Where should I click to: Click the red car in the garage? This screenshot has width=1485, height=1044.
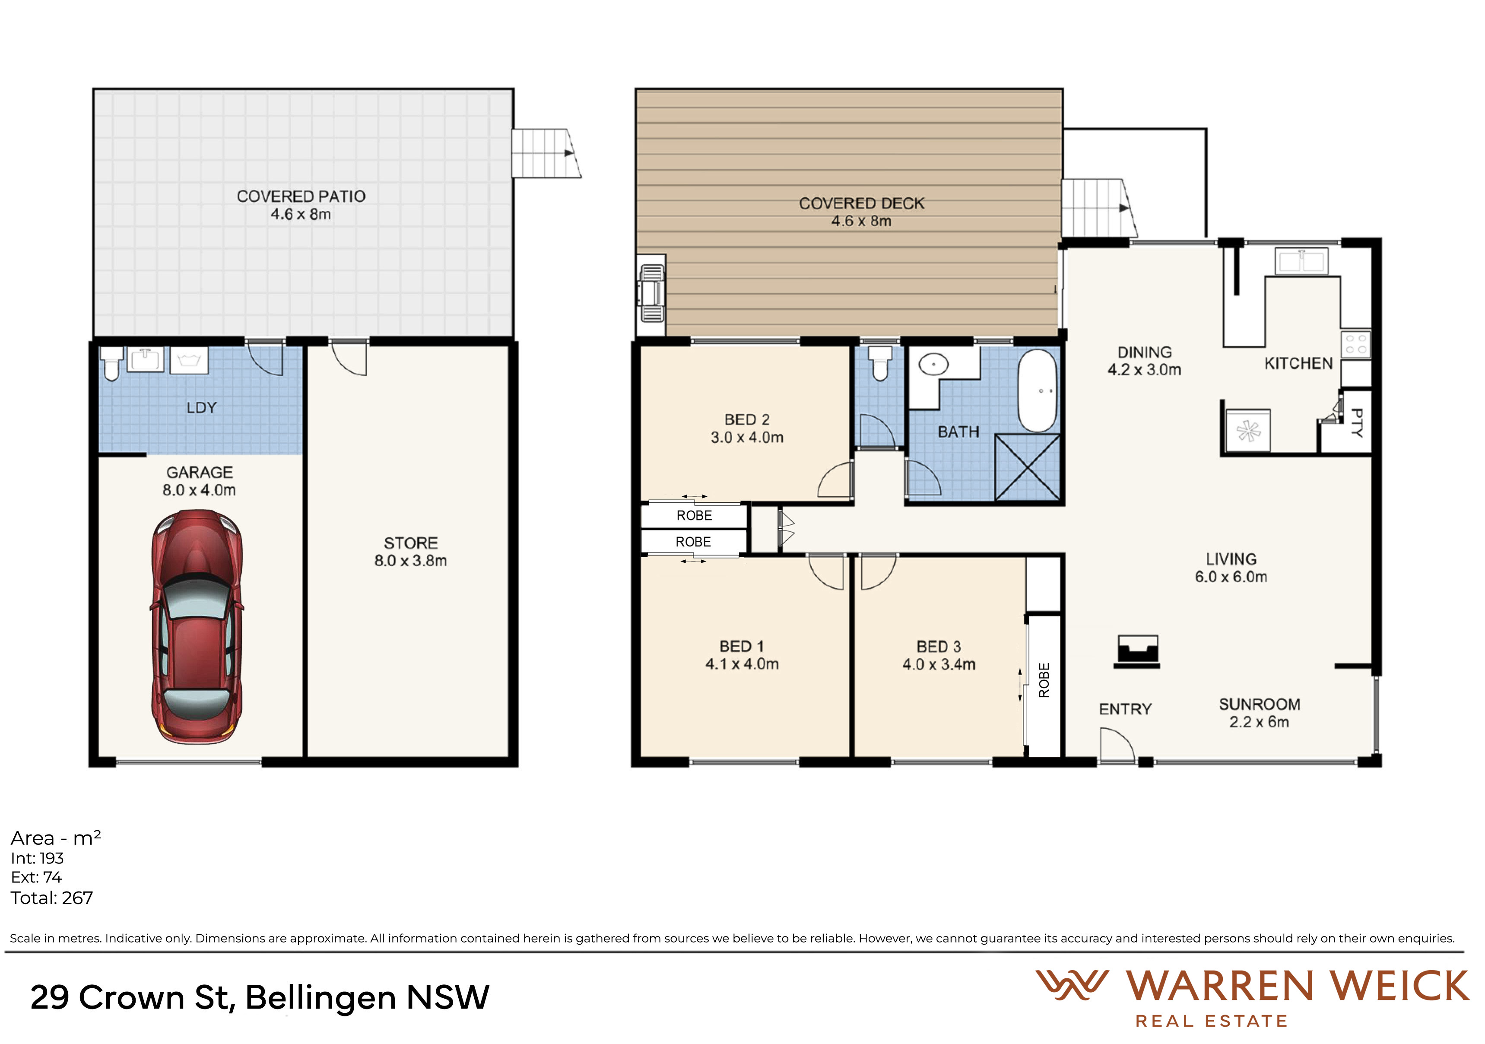(197, 627)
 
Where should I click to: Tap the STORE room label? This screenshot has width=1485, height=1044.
(411, 543)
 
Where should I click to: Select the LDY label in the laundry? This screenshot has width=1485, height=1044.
(201, 407)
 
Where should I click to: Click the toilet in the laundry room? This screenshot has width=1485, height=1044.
(112, 364)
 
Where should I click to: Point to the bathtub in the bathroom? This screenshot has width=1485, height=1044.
(1038, 391)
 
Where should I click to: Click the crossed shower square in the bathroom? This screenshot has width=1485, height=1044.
(1027, 468)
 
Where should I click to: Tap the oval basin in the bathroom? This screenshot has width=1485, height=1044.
(933, 365)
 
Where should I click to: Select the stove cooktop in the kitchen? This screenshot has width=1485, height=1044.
(1356, 344)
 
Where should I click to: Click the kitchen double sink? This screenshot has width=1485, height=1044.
(1301, 261)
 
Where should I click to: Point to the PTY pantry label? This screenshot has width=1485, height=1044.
(1357, 422)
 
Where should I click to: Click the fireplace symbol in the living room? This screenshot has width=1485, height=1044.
(1137, 651)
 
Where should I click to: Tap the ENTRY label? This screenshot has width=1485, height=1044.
(1125, 710)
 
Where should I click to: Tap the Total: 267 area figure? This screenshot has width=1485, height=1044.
(52, 898)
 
